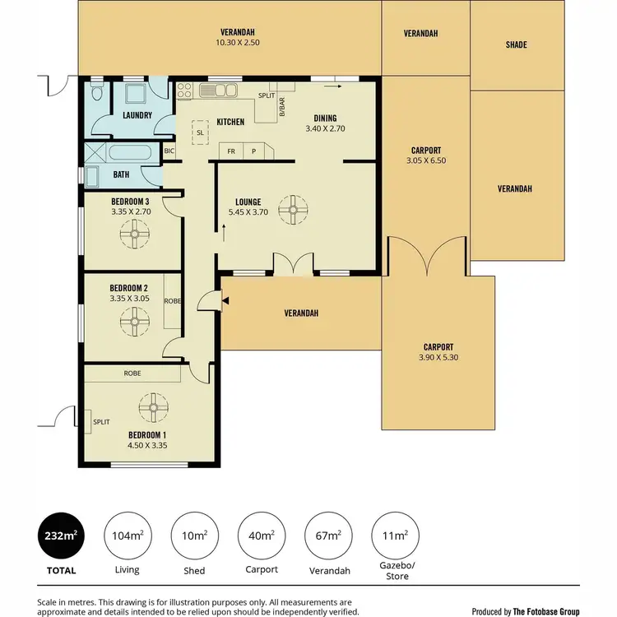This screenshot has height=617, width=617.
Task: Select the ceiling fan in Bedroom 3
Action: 131,236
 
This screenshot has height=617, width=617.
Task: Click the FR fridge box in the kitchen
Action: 231,151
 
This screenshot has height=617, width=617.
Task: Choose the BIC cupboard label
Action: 169,151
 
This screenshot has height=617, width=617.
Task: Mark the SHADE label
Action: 516,45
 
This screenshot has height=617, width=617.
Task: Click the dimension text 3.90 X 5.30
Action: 438,358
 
